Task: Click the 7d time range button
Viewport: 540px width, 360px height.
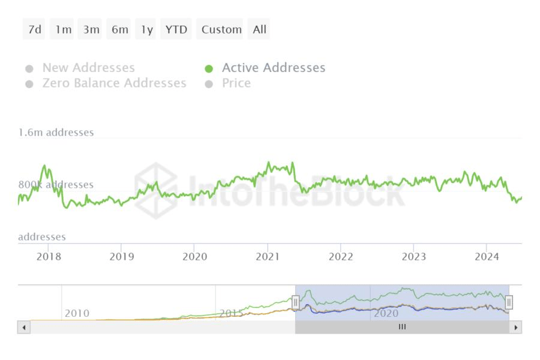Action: click(x=35, y=29)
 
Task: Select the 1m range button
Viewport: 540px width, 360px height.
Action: click(x=62, y=29)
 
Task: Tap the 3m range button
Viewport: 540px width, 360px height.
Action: click(x=91, y=29)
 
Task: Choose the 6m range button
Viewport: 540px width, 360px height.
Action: click(x=119, y=29)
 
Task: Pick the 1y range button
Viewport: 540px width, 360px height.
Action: click(x=146, y=29)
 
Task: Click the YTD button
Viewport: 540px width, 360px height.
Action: click(x=176, y=29)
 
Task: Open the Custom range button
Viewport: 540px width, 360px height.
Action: click(x=221, y=29)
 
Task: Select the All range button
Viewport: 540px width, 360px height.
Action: click(x=259, y=29)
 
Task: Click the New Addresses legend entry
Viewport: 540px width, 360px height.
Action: click(x=88, y=68)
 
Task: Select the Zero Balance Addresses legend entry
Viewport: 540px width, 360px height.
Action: click(x=114, y=83)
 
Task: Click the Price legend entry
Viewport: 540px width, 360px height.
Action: click(x=236, y=83)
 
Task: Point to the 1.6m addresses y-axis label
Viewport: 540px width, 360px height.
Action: click(x=56, y=133)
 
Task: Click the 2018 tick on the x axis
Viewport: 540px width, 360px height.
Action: click(x=49, y=257)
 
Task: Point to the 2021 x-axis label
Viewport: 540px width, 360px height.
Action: click(x=268, y=257)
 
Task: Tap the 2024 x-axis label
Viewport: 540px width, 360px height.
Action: click(x=487, y=257)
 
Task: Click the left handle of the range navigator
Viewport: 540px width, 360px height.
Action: click(x=295, y=302)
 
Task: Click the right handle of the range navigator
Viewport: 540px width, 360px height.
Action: click(x=509, y=302)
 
